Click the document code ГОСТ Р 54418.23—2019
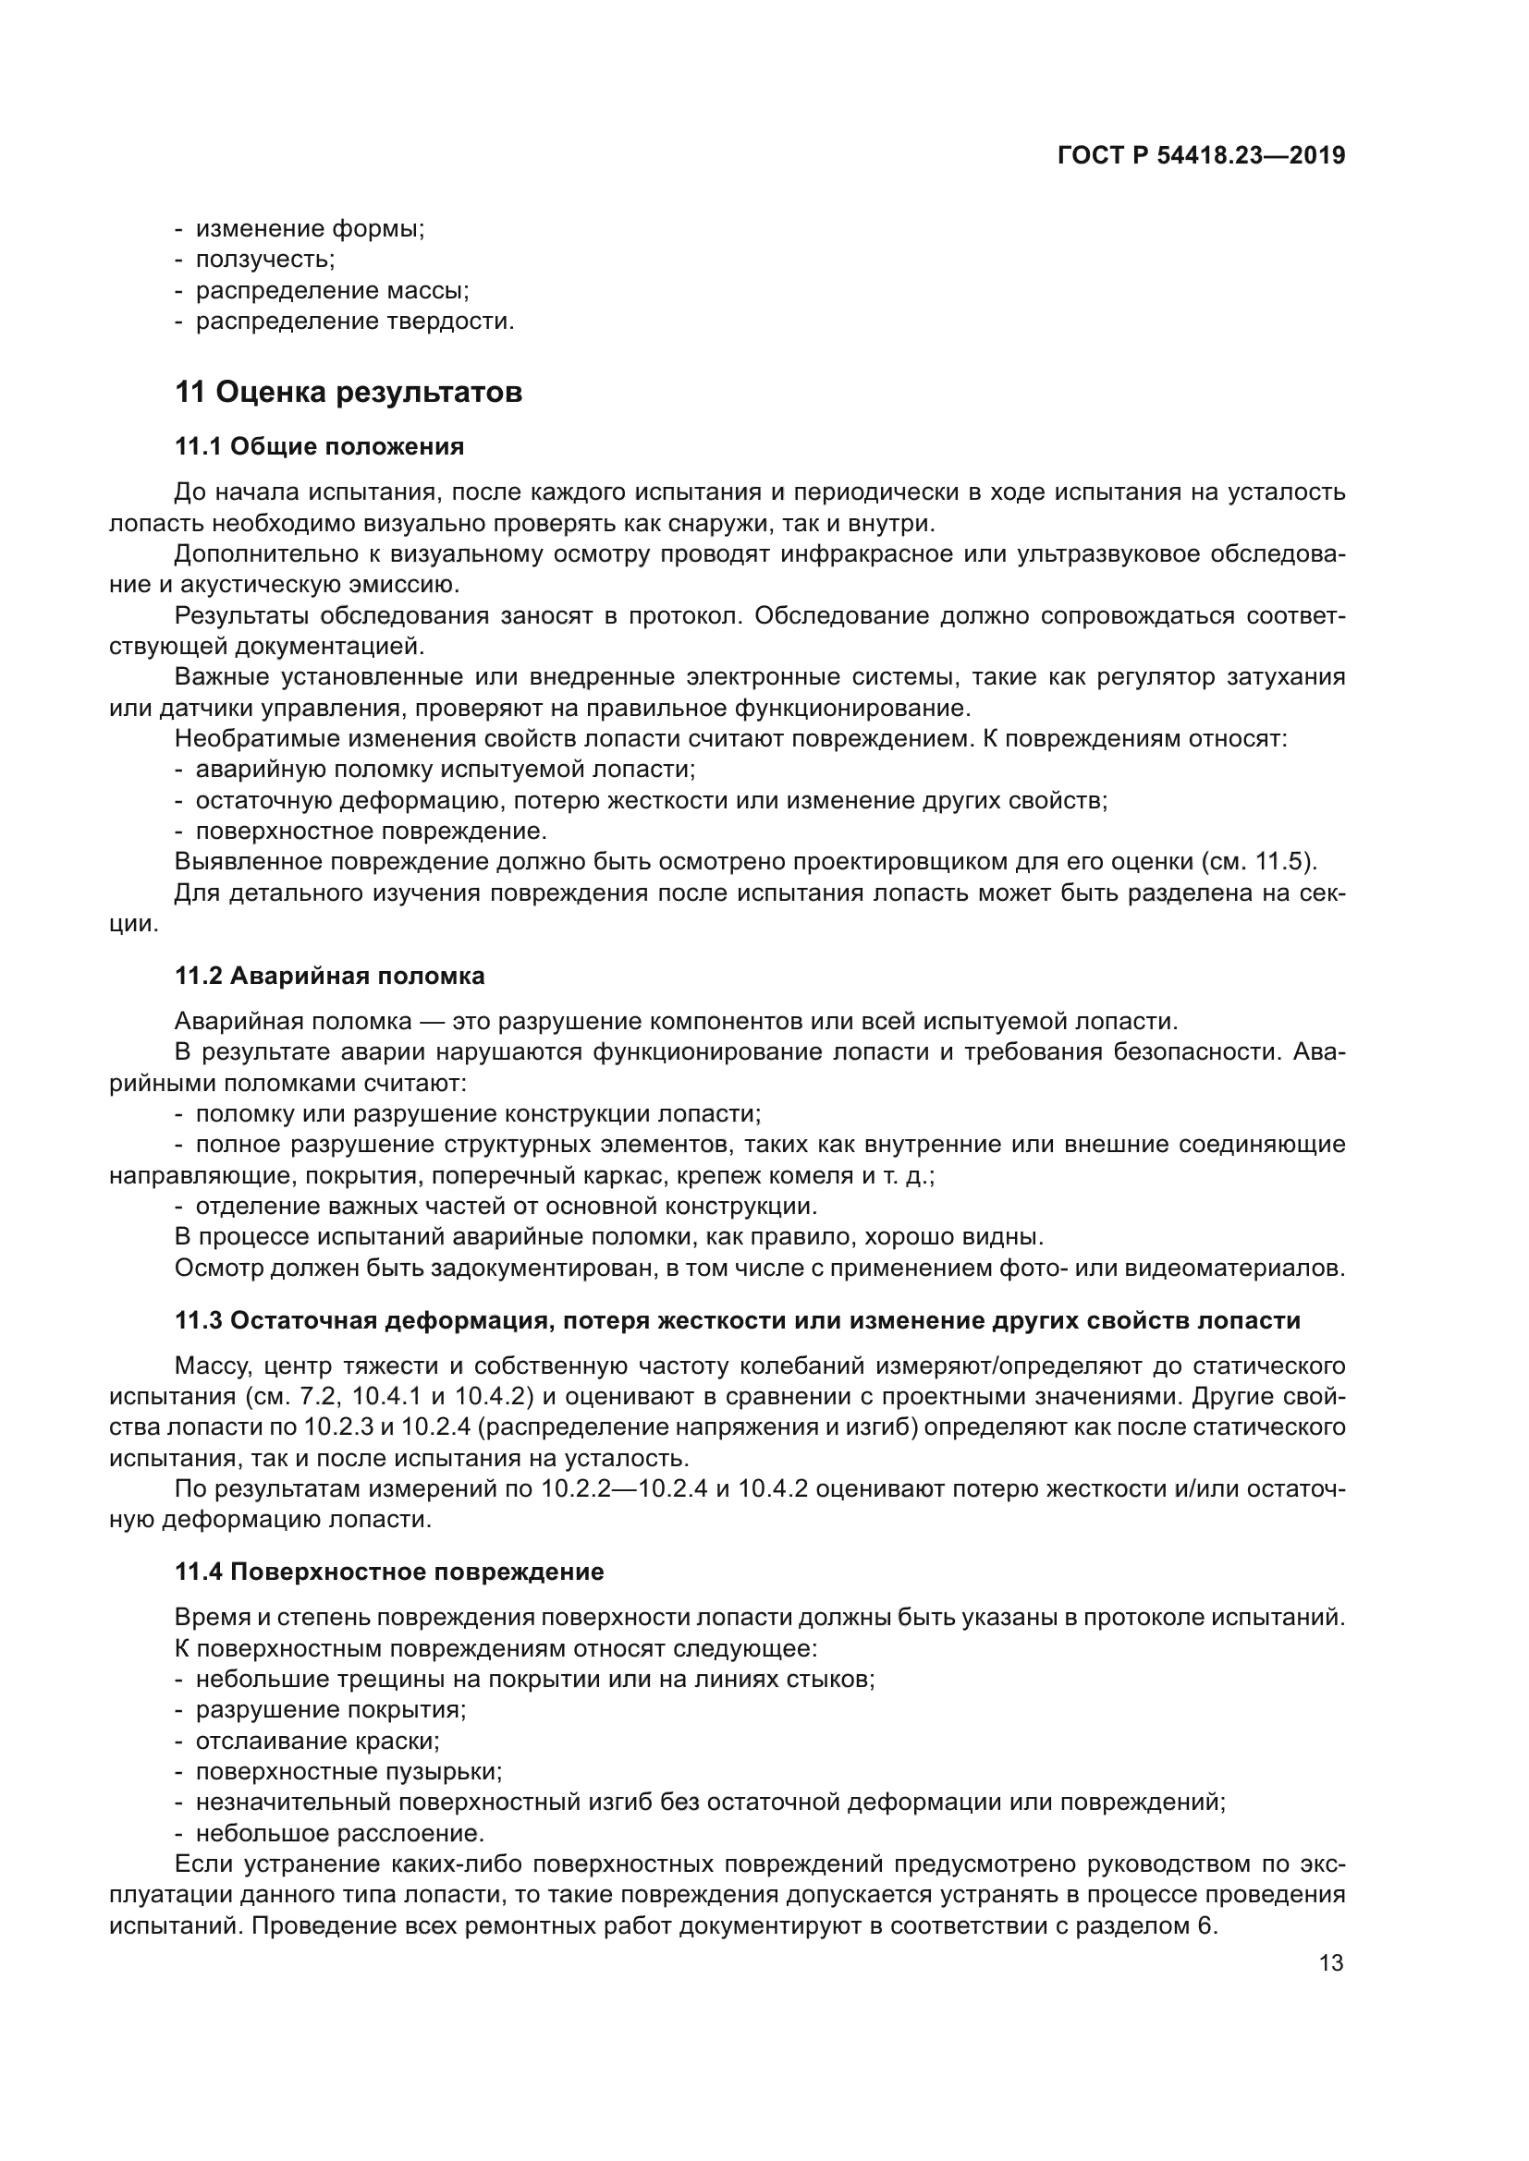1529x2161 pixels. [1202, 155]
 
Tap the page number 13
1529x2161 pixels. [1331, 1963]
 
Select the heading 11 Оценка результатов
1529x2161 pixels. [349, 392]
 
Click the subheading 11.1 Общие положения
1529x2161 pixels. [319, 446]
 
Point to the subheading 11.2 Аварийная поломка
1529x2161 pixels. [329, 976]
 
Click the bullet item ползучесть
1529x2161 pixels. [264, 259]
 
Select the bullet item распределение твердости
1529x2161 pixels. [354, 321]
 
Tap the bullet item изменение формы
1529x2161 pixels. [310, 229]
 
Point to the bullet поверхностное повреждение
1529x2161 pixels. [370, 832]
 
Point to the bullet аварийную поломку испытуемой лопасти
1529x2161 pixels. [445, 769]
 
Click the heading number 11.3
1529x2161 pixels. [198, 1320]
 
